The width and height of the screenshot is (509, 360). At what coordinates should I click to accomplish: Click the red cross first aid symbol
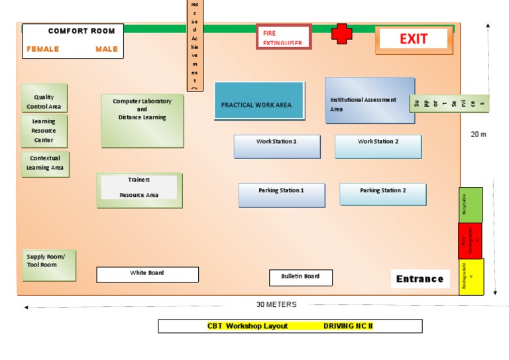click(x=342, y=34)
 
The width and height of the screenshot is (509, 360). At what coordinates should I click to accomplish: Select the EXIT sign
click(x=414, y=40)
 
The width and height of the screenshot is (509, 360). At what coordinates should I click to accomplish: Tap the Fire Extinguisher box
click(x=284, y=37)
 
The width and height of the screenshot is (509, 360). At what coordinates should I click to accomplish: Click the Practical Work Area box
click(x=259, y=101)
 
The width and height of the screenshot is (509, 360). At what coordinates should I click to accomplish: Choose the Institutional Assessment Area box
click(x=370, y=101)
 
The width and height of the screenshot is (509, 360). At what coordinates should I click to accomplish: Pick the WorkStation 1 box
click(x=276, y=147)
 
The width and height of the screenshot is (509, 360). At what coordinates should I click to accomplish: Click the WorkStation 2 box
click(x=378, y=147)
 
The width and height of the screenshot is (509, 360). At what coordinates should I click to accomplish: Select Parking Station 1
click(x=282, y=195)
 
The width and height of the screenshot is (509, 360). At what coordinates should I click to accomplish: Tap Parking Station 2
click(x=382, y=194)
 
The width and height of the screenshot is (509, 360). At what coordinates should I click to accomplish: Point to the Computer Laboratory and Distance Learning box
click(x=142, y=121)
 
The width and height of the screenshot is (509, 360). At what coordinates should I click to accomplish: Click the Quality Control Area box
click(x=44, y=98)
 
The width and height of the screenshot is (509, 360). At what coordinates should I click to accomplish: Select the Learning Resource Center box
click(x=44, y=131)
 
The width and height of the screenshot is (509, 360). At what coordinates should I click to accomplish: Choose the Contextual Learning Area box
click(x=45, y=164)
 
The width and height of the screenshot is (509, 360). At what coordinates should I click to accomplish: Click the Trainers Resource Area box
click(x=139, y=190)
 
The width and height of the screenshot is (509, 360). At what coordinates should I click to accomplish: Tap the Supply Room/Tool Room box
click(x=48, y=265)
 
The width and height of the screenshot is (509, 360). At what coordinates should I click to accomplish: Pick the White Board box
click(x=147, y=274)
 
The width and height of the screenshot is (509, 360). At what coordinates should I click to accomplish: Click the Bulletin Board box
click(x=300, y=278)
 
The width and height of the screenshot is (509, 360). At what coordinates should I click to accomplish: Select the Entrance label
click(x=420, y=279)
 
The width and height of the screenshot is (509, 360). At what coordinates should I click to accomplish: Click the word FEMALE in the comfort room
click(x=43, y=49)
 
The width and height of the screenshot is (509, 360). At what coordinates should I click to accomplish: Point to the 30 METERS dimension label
click(x=276, y=305)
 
